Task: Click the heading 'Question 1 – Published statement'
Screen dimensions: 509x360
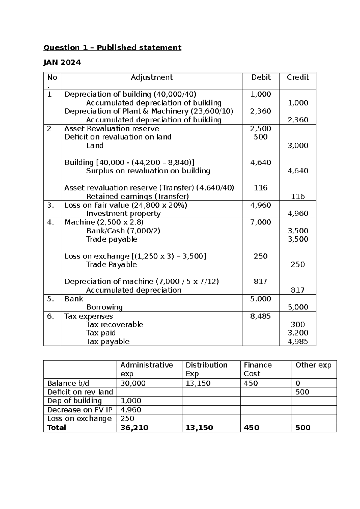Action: coord(112,47)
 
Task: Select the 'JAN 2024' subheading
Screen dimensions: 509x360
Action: coord(62,62)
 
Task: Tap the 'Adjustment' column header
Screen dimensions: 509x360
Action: coord(151,77)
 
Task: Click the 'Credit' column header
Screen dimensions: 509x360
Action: coord(298,77)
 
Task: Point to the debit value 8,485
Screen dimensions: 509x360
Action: coord(260,316)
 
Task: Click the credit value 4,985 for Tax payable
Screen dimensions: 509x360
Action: coord(298,342)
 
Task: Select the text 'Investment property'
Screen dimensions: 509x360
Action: coord(123,213)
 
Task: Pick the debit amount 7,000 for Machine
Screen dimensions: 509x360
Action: coord(260,222)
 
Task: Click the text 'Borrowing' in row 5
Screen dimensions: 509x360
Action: coord(104,307)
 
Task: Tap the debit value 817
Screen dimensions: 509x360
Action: coord(260,281)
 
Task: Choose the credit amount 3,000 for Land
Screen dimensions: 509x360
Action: coord(298,146)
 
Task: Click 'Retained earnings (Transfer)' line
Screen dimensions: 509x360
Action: coord(137,197)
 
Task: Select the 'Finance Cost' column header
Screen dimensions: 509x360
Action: coord(257,369)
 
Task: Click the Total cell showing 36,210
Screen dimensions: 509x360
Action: coord(134,428)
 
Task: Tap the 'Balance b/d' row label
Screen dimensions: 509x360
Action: coord(68,383)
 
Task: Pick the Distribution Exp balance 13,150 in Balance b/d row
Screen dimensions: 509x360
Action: coord(198,383)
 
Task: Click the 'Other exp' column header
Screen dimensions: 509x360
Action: coord(313,365)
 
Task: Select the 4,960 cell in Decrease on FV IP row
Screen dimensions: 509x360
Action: coord(131,410)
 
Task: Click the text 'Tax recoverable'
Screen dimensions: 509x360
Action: coord(115,324)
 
